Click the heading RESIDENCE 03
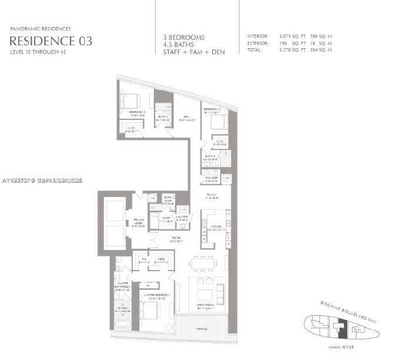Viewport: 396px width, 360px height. (x=51, y=41)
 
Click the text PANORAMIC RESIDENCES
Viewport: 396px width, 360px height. (x=41, y=29)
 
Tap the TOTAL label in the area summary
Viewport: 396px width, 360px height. (x=255, y=51)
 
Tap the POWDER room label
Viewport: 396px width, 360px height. (x=211, y=178)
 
